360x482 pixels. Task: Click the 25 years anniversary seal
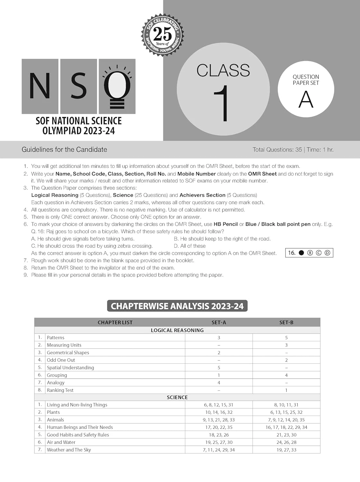pos(162,34)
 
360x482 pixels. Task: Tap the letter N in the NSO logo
pos(40,86)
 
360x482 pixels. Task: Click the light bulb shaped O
pos(117,86)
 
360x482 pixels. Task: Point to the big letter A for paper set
pos(306,99)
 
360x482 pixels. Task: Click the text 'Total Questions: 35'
pos(277,149)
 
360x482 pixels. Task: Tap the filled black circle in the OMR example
pos(301,253)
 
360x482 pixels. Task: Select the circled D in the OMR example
pos(327,253)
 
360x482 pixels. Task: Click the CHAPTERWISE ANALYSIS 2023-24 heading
pos(177,306)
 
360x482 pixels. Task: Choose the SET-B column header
pos(286,322)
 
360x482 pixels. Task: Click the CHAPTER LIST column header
pos(115,322)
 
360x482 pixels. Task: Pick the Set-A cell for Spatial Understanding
pos(219,368)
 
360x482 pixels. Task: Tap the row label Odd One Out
pos(61,360)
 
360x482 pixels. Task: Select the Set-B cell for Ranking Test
pos(286,390)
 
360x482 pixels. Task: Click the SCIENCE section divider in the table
pos(177,397)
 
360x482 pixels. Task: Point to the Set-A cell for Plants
pos(219,412)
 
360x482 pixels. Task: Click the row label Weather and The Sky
pos(69,450)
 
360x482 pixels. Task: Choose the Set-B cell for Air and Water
pos(286,442)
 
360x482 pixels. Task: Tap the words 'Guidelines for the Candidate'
pos(64,149)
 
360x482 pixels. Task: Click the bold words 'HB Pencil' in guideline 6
pos(226,224)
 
